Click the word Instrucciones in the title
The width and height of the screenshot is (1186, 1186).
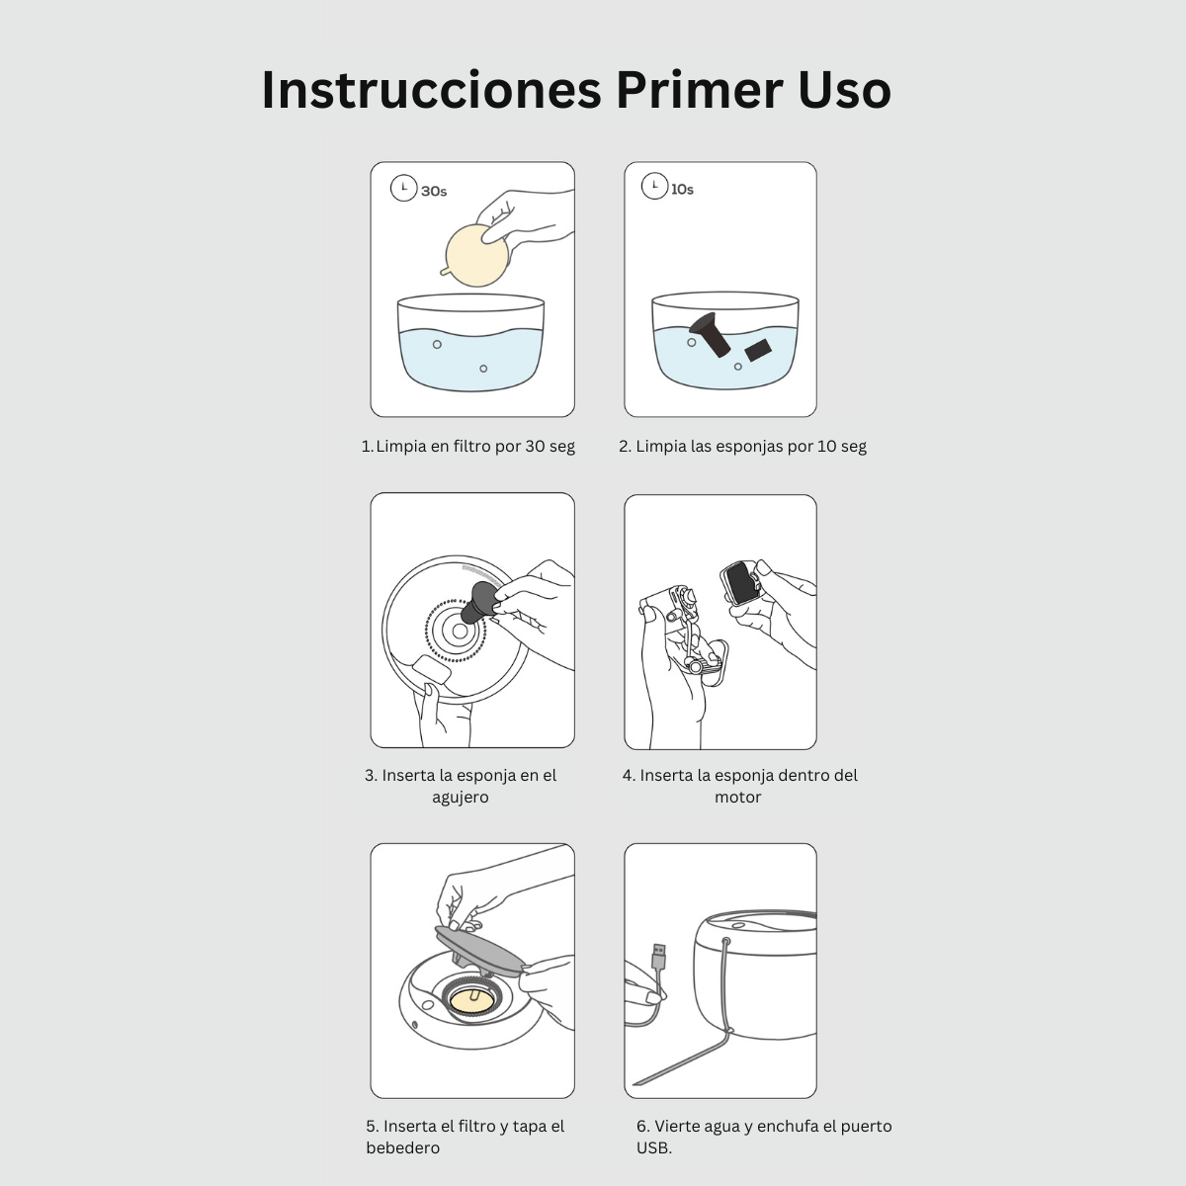click(x=432, y=90)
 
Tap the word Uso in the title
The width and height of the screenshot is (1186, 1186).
click(x=844, y=91)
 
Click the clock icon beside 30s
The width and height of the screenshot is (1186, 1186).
click(x=404, y=188)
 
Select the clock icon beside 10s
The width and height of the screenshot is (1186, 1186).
click(x=654, y=186)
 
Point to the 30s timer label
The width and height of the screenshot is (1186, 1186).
click(x=434, y=192)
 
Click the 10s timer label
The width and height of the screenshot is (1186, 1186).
click(x=682, y=190)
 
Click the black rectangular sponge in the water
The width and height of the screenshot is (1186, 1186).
click(x=758, y=350)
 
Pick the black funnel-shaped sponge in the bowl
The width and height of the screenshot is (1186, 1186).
click(x=711, y=334)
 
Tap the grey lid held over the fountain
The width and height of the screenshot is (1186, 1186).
click(x=479, y=952)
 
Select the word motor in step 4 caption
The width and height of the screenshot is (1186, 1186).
click(x=738, y=797)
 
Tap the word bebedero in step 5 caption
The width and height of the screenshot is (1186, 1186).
click(x=402, y=1147)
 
